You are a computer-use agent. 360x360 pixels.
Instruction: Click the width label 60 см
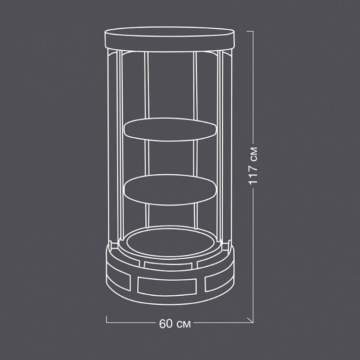pos(174,324)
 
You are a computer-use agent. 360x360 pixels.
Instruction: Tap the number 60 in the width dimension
pos(166,324)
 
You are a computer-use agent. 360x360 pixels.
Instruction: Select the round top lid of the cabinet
pos(169,38)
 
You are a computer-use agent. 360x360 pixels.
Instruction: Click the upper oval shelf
pos(170,130)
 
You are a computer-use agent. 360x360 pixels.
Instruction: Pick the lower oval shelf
pos(170,190)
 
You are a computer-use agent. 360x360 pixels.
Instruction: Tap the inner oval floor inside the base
pos(170,242)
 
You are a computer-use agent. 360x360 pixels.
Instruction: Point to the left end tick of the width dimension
pos(107,319)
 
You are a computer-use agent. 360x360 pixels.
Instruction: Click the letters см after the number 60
pos(183,324)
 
